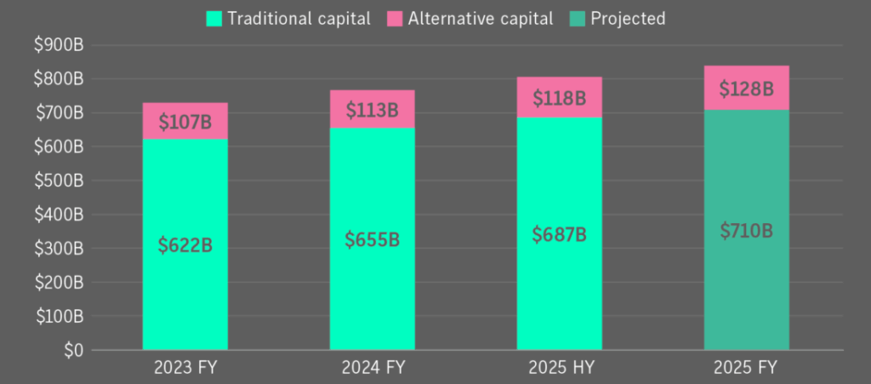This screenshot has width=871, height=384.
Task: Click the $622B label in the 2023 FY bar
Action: (x=185, y=246)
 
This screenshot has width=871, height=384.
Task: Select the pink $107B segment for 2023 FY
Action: (x=185, y=120)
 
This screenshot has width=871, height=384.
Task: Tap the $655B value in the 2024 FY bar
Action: (x=372, y=239)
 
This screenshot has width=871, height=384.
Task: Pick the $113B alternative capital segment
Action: (x=372, y=109)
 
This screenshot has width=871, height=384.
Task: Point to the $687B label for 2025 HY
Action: (x=559, y=234)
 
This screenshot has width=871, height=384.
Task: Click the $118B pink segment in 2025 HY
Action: (x=559, y=98)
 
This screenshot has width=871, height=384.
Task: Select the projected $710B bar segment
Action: (x=746, y=230)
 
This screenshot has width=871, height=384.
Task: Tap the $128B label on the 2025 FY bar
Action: (x=746, y=89)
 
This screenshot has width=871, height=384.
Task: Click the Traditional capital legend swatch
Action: (x=213, y=18)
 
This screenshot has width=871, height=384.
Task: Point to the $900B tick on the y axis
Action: (x=58, y=45)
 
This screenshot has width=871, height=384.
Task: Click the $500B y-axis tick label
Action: (x=58, y=181)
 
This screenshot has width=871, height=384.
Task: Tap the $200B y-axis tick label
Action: (x=58, y=283)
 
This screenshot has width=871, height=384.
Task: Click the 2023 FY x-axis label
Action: (x=185, y=368)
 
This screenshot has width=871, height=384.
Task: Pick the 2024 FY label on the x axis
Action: (x=372, y=368)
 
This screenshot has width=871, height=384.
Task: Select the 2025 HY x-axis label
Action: (x=559, y=368)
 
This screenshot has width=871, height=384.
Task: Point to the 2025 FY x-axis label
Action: (x=746, y=368)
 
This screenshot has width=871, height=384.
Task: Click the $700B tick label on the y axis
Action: (x=58, y=112)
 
